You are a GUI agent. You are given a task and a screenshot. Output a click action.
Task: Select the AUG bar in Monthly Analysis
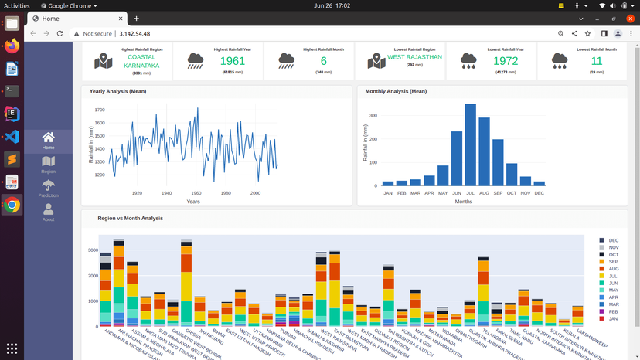coord(484,151)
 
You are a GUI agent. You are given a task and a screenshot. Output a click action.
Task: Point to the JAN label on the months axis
coord(388,193)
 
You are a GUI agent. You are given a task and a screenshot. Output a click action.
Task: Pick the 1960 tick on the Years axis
coord(196,193)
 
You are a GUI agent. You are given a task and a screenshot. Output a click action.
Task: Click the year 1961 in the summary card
coord(232,61)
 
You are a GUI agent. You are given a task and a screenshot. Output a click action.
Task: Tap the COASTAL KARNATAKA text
coord(141,61)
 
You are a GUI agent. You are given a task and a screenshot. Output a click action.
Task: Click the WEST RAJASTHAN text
coord(414,57)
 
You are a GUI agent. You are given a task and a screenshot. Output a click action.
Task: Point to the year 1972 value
coord(506,61)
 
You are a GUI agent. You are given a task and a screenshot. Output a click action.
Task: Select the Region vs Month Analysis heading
coord(130,219)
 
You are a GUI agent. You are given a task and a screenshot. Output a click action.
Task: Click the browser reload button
coord(60,34)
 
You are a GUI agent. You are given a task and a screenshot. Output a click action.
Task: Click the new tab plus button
coord(136,19)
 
